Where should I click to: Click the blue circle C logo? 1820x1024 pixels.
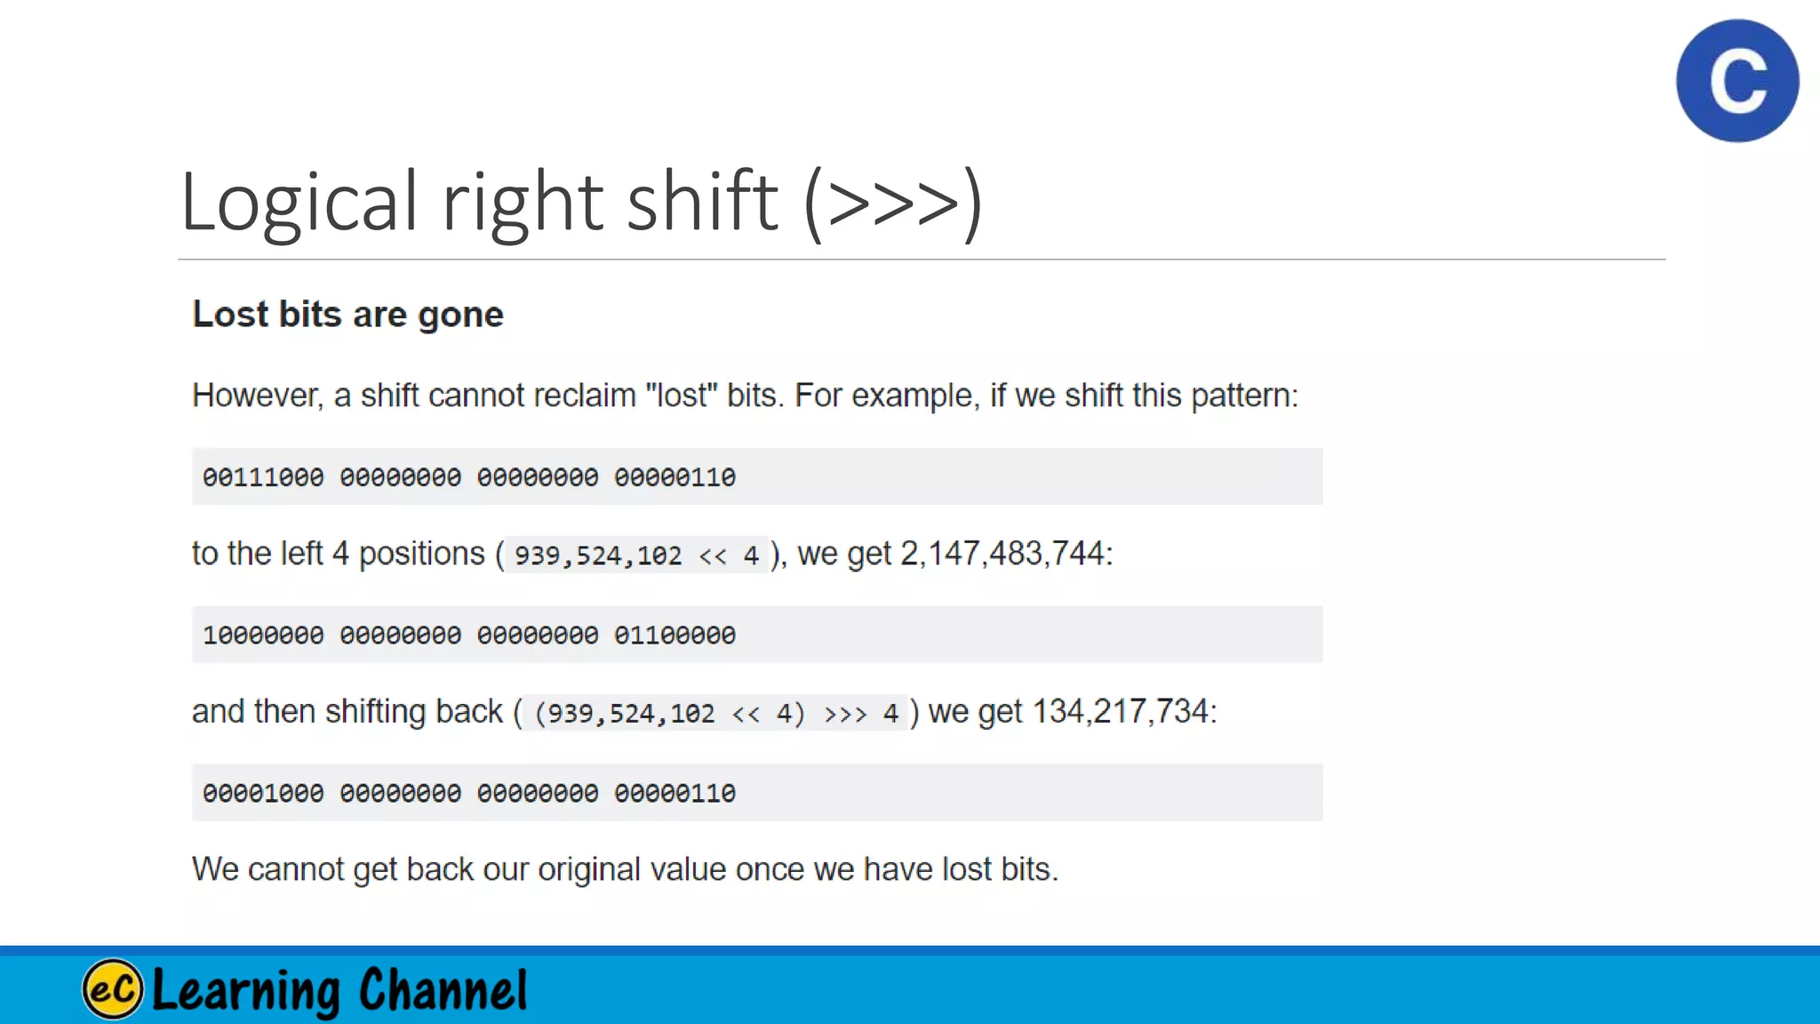pyautogui.click(x=1737, y=81)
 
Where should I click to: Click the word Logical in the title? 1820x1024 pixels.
pyautogui.click(x=299, y=202)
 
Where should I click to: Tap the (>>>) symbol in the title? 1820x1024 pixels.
pyautogui.click(x=893, y=204)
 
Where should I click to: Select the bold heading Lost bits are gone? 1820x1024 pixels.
pyautogui.click(x=347, y=315)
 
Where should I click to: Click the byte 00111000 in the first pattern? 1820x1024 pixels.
pyautogui.click(x=263, y=477)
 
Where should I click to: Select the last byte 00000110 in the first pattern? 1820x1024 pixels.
pyautogui.click(x=675, y=477)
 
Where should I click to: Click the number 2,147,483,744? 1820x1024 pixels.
pyautogui.click(x=1002, y=554)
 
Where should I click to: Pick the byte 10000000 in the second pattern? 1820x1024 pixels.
pyautogui.click(x=263, y=636)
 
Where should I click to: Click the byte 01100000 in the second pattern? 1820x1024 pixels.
pyautogui.click(x=675, y=636)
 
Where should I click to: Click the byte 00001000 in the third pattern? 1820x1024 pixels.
pyautogui.click(x=263, y=793)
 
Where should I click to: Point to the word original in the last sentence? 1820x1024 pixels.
pyautogui.click(x=588, y=869)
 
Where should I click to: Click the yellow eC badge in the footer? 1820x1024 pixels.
pyautogui.click(x=113, y=989)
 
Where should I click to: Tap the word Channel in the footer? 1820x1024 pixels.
pyautogui.click(x=443, y=989)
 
